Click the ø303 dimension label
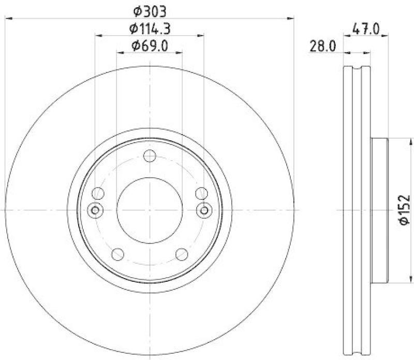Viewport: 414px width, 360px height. coord(150,10)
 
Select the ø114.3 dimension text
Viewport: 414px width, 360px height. coord(150,28)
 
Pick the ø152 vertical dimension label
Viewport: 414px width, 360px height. coord(404,210)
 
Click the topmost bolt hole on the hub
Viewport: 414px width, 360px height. coord(150,156)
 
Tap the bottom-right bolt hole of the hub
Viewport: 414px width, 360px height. coord(181,254)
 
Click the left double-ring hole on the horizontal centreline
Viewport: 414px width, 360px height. coord(95,210)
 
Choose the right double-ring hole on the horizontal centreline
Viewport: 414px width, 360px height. coord(204,210)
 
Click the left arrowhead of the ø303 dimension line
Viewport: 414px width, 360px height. coord(8,19)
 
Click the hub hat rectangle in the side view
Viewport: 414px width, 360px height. coord(379,210)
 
